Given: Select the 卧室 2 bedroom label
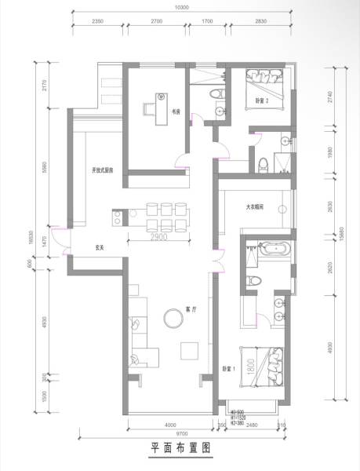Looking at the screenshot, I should click(262, 101).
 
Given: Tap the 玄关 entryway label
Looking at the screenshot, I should click(100, 247).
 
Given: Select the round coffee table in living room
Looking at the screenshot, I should click(173, 317).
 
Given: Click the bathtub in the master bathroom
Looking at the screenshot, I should click(275, 250).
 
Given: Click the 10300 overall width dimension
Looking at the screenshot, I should click(182, 7).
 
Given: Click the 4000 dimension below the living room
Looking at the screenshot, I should click(161, 425).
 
